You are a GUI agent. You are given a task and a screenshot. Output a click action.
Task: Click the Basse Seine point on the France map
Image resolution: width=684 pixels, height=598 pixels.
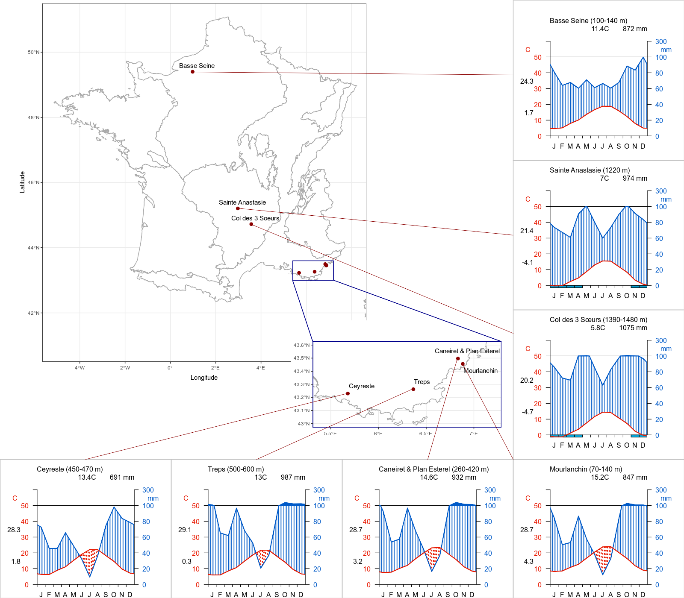[x=193, y=72]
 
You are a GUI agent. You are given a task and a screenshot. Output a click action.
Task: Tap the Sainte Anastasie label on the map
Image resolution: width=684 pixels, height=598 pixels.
[x=242, y=202]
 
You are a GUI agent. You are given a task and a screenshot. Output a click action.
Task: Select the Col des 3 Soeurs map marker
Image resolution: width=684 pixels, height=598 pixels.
[x=251, y=224]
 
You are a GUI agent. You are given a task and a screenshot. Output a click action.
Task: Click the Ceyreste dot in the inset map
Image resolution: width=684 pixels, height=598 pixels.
[x=348, y=393]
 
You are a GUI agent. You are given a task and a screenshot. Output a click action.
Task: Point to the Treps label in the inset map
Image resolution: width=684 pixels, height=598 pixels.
[x=422, y=382]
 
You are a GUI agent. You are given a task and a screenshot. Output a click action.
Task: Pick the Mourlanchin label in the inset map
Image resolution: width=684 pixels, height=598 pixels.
[x=481, y=371]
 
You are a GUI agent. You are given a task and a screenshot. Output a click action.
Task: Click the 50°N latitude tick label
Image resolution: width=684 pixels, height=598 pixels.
[x=34, y=52]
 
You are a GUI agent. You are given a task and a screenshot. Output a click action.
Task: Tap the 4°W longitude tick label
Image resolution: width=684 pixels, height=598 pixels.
[x=80, y=368]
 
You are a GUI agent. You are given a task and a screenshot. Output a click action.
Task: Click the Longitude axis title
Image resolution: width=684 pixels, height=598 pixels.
[x=204, y=378]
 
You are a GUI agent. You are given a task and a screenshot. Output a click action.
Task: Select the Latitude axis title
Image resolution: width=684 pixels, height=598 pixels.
[x=22, y=182]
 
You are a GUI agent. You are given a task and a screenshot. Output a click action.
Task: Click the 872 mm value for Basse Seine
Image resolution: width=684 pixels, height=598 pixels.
[x=635, y=29]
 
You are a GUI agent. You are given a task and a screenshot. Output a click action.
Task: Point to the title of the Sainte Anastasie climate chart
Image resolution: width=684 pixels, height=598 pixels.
[x=590, y=170]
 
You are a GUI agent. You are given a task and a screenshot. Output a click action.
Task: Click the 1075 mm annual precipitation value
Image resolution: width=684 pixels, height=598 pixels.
[x=633, y=328]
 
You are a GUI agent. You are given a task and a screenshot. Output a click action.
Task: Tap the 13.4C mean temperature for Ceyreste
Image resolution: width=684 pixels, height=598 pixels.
[x=87, y=478]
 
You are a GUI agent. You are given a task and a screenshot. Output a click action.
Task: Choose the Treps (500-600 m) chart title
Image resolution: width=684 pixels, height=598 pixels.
[x=236, y=469]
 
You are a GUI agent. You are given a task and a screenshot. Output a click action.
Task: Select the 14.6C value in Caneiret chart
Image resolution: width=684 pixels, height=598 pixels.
[x=429, y=478]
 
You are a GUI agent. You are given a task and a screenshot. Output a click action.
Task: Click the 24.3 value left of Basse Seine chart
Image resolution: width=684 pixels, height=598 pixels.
[x=527, y=81]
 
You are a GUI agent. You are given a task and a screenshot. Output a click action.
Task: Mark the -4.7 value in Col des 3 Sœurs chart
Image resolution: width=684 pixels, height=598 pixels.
[x=528, y=412]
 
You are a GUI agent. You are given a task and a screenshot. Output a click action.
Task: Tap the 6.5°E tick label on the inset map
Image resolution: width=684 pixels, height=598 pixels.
[x=425, y=434]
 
